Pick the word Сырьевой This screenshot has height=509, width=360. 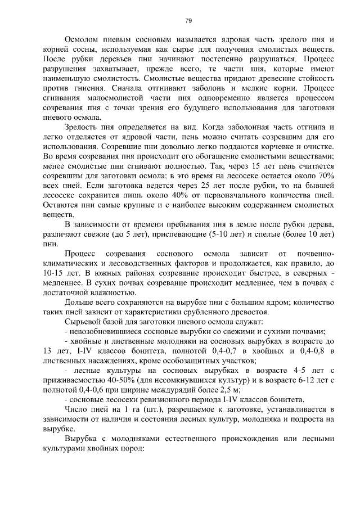[x=84, y=322]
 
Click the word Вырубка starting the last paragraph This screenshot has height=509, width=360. [x=83, y=439]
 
